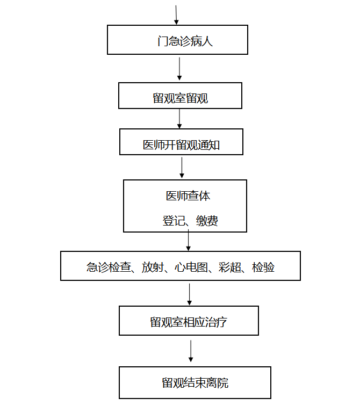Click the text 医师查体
pyautogui.click(x=188, y=196)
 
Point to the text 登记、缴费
pyautogui.click(x=190, y=221)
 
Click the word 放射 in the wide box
pyautogui.click(x=153, y=267)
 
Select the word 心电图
pyautogui.click(x=191, y=267)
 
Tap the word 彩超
pyautogui.click(x=230, y=267)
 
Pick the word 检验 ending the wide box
pyautogui.click(x=263, y=267)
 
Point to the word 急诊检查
pyautogui.click(x=109, y=267)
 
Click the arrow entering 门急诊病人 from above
pyautogui.click(x=176, y=15)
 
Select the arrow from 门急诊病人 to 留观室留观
pyautogui.click(x=179, y=69)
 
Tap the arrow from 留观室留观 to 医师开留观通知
pyautogui.click(x=179, y=119)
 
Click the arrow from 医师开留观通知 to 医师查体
pyautogui.click(x=182, y=168)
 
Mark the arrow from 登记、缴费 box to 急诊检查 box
pyautogui.click(x=189, y=240)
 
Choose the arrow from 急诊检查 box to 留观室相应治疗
pyautogui.click(x=190, y=294)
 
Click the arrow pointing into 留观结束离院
pyautogui.click(x=191, y=351)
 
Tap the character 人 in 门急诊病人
pyautogui.click(x=207, y=41)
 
